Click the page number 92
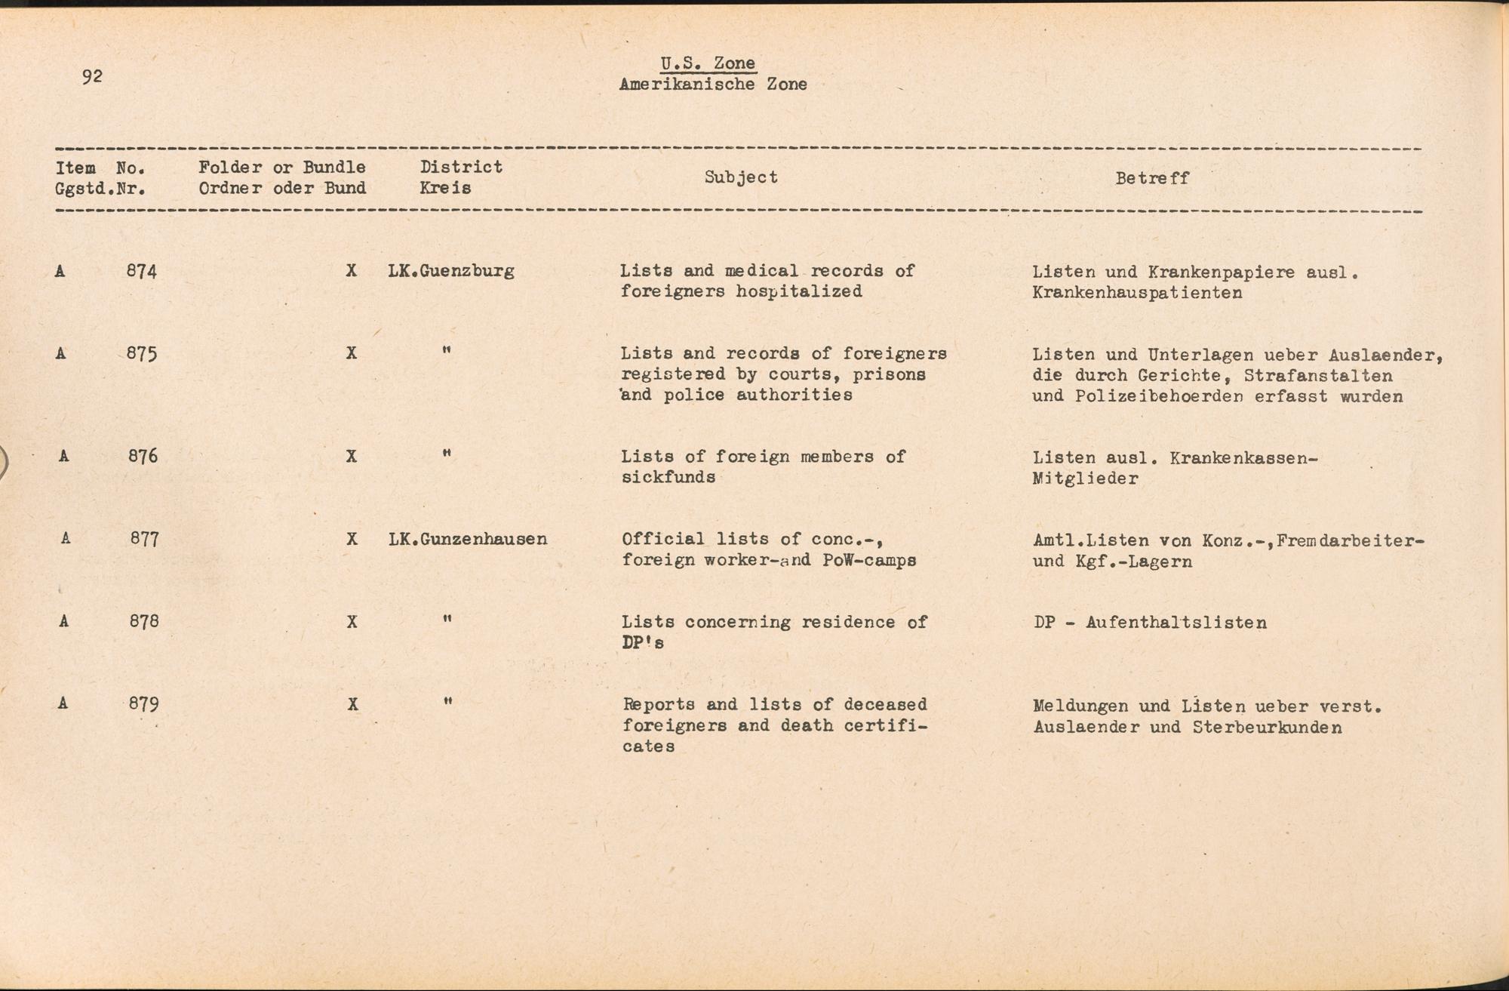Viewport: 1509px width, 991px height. pos(92,76)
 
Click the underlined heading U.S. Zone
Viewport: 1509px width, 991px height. pos(707,63)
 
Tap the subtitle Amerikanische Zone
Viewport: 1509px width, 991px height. pos(712,85)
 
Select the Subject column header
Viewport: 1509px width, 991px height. pos(740,177)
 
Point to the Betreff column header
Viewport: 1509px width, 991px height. pos(1151,178)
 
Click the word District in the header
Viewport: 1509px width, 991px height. pos(461,167)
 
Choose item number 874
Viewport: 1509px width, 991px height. pos(142,271)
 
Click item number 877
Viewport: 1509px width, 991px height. pos(144,539)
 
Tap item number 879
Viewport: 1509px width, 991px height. pos(143,704)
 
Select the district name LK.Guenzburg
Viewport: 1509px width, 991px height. pos(451,271)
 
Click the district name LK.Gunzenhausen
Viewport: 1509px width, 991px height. pos(468,540)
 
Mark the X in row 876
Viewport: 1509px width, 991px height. pos(352,457)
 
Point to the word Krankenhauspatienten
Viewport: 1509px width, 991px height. pos(1136,293)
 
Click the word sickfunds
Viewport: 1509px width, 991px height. pos(668,477)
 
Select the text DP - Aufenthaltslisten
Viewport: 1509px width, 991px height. pos(1150,623)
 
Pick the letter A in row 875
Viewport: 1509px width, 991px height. pos(61,353)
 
